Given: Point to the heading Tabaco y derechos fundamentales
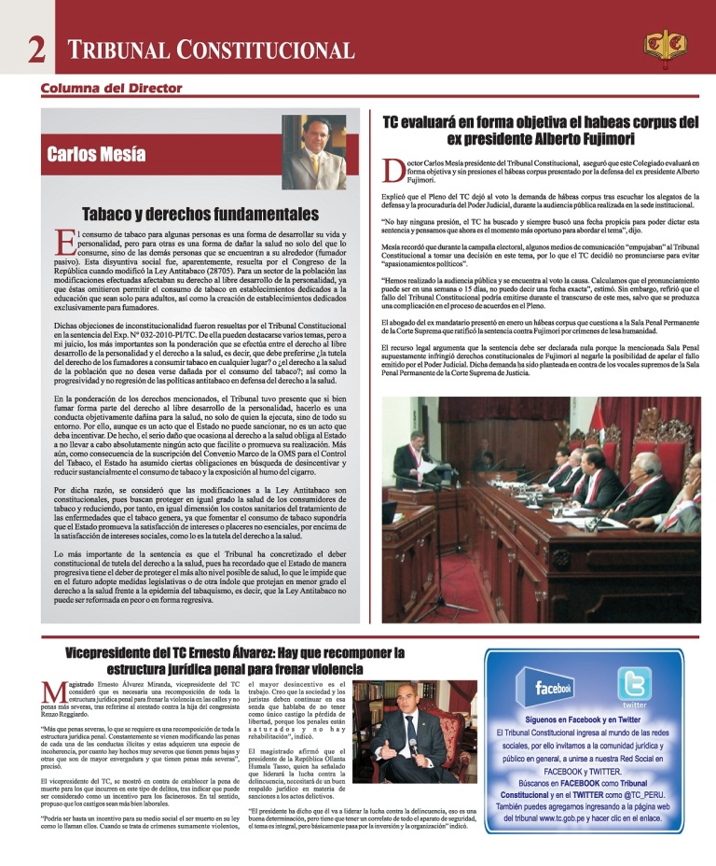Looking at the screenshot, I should pyautogui.click(x=200, y=213).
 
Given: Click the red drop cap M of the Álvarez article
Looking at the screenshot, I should pyautogui.click(x=53, y=693).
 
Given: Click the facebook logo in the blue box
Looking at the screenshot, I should pyautogui.click(x=554, y=690).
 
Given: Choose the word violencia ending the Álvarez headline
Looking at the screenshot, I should pyautogui.click(x=335, y=669).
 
